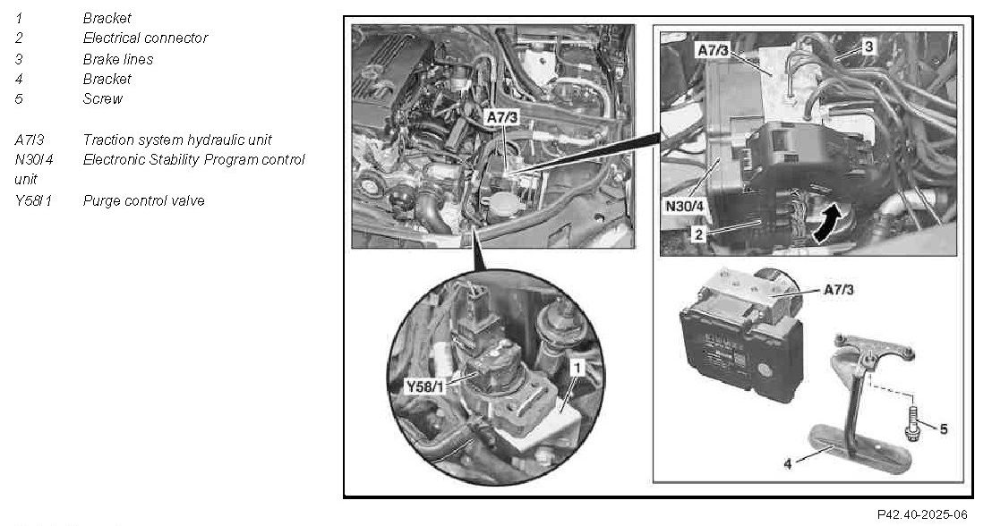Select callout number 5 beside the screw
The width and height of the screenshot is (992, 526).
tap(942, 428)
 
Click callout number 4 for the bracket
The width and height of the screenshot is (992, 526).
tap(787, 465)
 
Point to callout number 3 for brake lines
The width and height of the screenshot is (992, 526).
tap(868, 45)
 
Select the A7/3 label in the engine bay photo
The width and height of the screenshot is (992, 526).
tap(502, 117)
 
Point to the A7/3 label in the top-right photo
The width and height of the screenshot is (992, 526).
tap(713, 50)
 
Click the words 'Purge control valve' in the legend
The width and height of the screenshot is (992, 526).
tap(143, 200)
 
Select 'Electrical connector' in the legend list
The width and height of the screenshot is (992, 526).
tap(145, 38)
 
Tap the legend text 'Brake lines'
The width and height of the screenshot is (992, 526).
tap(117, 59)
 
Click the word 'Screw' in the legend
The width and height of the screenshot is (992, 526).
tap(103, 98)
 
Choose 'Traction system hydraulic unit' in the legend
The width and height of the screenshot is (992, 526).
tap(189, 140)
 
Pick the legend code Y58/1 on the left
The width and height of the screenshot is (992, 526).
tap(34, 200)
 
